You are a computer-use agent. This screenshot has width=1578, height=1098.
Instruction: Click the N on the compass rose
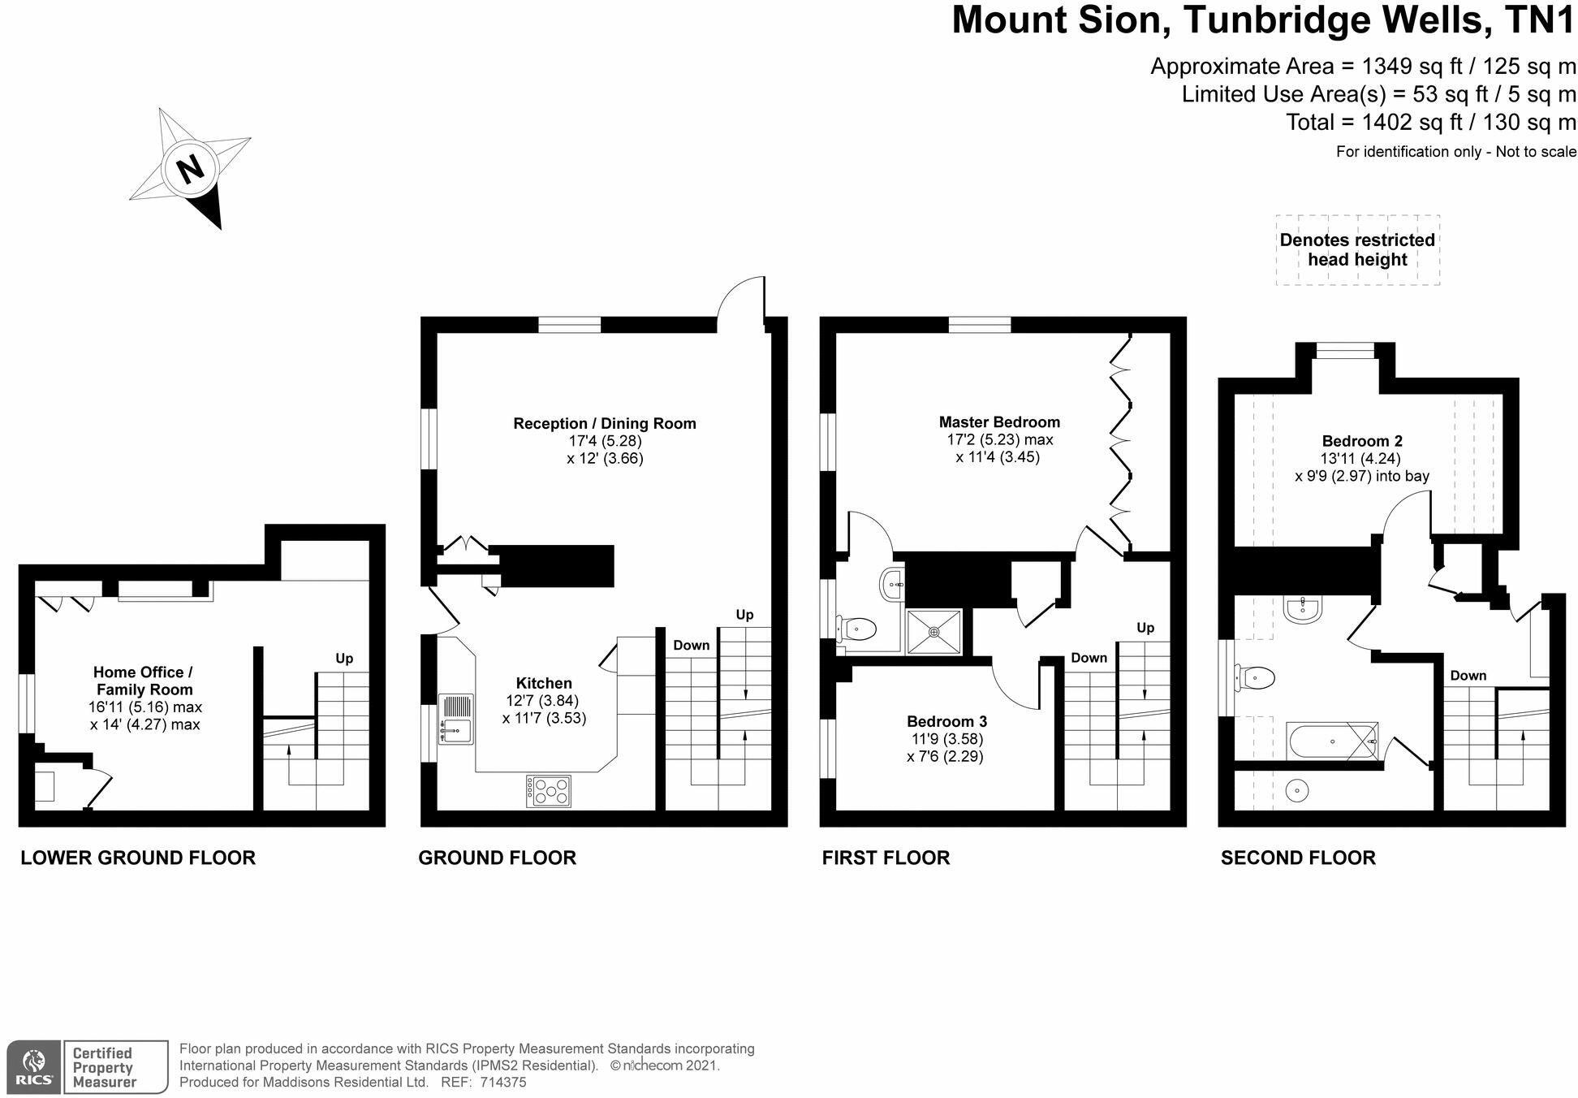(191, 170)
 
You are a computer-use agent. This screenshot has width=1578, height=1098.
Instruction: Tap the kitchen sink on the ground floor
(455, 719)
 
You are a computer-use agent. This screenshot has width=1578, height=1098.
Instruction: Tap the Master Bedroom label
(999, 422)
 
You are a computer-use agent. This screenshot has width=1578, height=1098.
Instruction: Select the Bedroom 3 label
(946, 721)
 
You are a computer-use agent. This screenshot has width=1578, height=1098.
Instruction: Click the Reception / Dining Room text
(604, 423)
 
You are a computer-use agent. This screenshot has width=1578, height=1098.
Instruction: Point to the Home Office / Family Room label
(144, 681)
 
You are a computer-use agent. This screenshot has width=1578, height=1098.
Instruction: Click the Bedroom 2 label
(1361, 441)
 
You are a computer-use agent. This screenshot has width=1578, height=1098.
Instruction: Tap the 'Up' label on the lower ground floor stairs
(344, 658)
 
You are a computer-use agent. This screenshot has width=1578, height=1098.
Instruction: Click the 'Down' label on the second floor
(1468, 675)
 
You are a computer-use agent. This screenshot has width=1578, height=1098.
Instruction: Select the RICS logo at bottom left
(34, 1066)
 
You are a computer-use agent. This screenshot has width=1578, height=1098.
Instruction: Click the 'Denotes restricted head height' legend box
(1357, 250)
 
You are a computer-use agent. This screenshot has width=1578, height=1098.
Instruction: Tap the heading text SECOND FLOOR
(1297, 858)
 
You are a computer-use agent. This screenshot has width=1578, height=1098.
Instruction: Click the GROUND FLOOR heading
(497, 858)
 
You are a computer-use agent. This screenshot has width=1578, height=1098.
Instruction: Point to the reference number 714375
(503, 1083)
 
